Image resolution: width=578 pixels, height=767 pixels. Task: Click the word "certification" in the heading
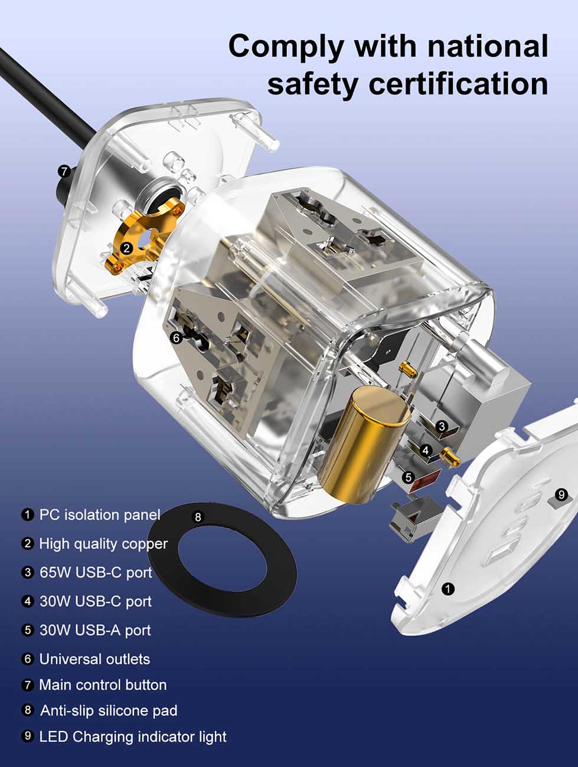tap(458, 83)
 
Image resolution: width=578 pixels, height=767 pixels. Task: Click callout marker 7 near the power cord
tap(64, 172)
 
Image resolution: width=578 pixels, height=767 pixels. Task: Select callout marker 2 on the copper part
tap(127, 248)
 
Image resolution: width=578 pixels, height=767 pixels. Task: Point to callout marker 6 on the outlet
tap(175, 338)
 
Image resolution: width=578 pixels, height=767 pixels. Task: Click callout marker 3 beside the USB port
tap(442, 426)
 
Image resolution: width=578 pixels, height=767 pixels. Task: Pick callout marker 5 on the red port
tap(408, 477)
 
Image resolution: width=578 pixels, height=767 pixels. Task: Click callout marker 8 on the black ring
tap(198, 517)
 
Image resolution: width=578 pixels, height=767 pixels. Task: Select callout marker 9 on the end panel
tap(561, 494)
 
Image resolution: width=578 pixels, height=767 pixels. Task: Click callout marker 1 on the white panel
tap(448, 588)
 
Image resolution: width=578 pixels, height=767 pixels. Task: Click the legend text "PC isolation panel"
tap(99, 515)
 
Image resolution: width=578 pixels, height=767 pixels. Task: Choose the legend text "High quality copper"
tap(103, 544)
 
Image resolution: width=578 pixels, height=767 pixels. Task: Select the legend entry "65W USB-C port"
tap(96, 573)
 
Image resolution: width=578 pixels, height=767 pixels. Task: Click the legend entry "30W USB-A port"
tap(95, 630)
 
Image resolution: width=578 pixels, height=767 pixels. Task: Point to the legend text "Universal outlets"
tap(94, 659)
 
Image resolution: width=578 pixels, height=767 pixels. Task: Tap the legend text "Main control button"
tap(103, 685)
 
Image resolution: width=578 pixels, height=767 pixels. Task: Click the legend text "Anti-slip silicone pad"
tap(109, 711)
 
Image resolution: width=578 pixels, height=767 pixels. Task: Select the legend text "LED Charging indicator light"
tap(133, 737)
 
